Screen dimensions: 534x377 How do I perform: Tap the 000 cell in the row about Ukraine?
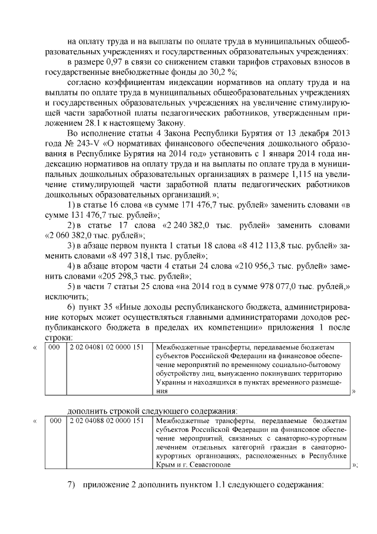(x=54, y=348)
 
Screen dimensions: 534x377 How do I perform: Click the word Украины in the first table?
(x=171, y=383)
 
